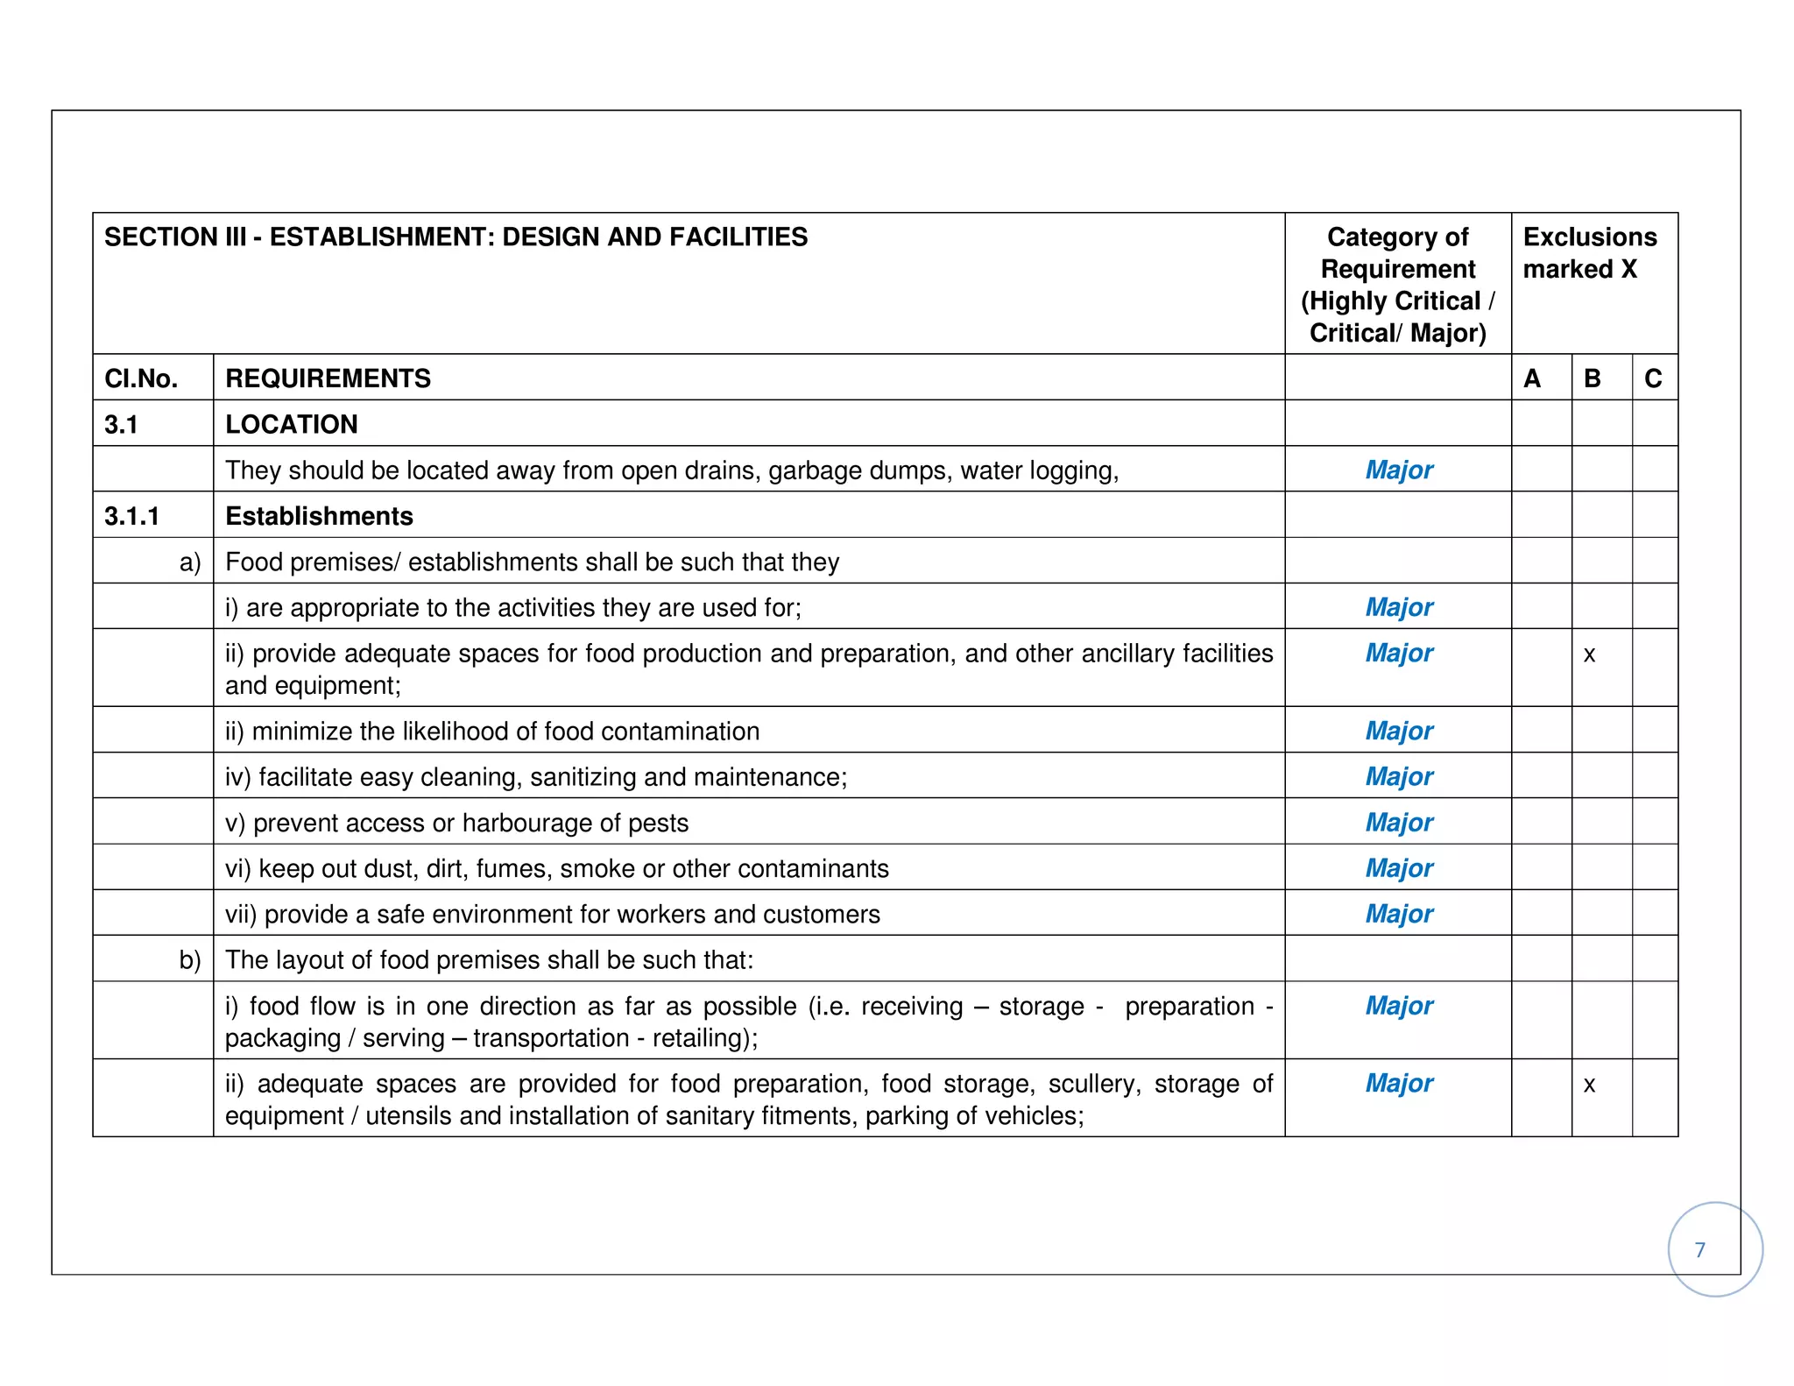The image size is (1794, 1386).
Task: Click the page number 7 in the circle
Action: tap(1699, 1250)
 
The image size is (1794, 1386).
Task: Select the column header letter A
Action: tap(1532, 378)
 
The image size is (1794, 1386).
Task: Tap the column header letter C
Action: tap(1653, 378)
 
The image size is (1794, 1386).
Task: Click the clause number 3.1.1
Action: tap(131, 516)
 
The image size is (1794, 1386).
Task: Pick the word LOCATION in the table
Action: tap(292, 424)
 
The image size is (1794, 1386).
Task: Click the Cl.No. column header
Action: tap(141, 378)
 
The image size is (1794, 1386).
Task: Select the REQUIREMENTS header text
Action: tap(328, 378)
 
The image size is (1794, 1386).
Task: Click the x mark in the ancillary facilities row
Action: tap(1589, 654)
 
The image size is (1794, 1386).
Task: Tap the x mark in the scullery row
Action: tap(1589, 1085)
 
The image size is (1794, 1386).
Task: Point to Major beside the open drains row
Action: tap(1399, 470)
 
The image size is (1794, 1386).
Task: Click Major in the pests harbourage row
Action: tap(1399, 823)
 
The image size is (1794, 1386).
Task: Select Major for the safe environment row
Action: tap(1399, 914)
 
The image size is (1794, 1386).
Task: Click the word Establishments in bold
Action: tap(319, 516)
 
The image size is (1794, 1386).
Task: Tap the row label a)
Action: tap(190, 562)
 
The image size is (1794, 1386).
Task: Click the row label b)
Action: tap(190, 960)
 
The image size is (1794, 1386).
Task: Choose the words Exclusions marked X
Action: tap(1589, 252)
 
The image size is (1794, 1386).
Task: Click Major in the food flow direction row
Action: tap(1399, 1006)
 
